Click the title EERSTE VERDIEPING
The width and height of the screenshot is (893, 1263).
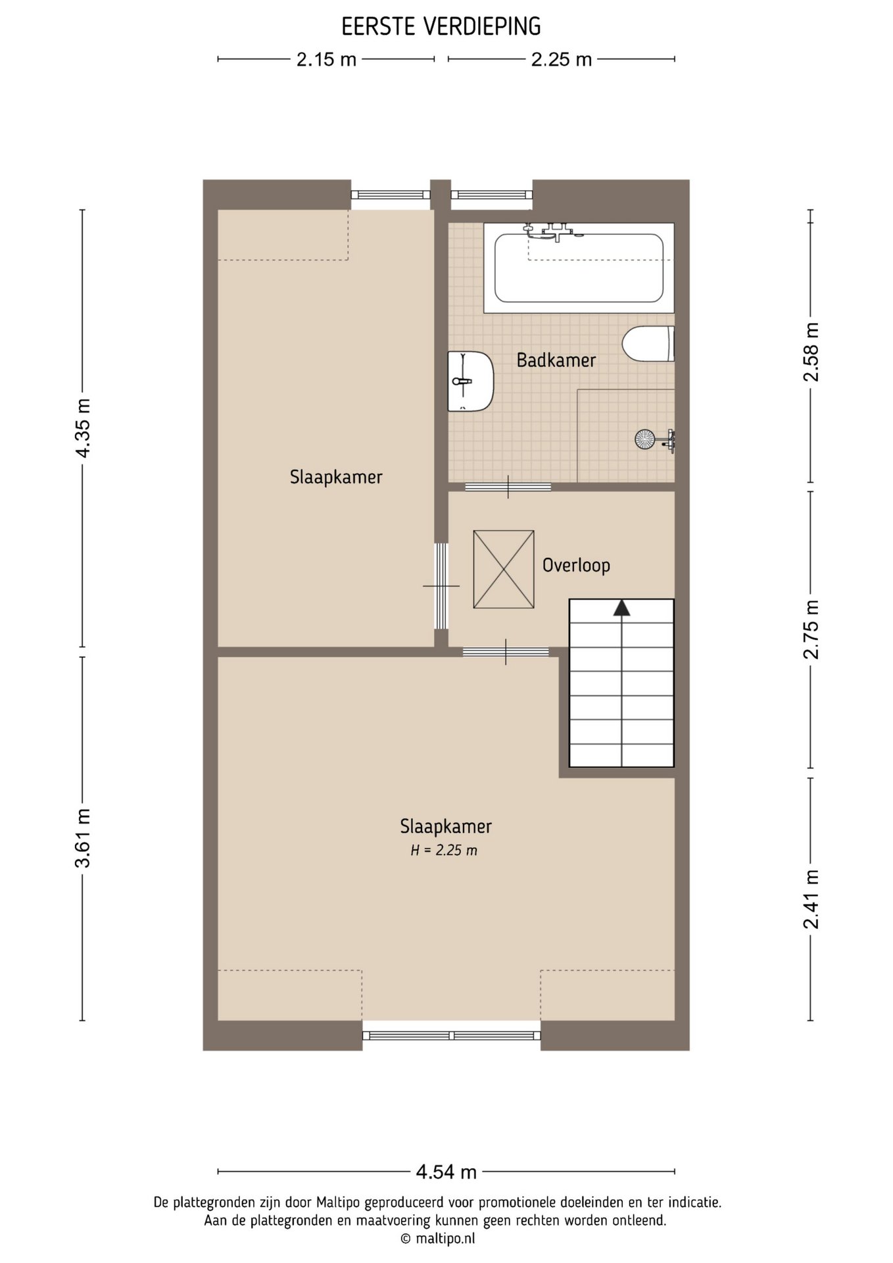pos(441,27)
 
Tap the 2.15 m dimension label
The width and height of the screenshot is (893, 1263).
pos(326,60)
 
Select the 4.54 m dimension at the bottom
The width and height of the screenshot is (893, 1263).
pos(446,1172)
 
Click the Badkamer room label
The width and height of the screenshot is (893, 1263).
pos(556,360)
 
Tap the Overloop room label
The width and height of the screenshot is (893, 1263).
pos(576,565)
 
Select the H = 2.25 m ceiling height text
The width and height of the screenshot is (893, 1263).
pos(444,851)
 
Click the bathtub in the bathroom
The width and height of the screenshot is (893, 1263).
pos(579,268)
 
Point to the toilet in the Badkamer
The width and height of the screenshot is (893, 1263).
pos(648,343)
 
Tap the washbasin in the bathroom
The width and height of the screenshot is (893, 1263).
pos(470,382)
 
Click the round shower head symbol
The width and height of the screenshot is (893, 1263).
pos(644,439)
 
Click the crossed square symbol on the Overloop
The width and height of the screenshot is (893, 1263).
pos(504,570)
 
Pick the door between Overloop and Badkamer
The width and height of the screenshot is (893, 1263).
pos(508,487)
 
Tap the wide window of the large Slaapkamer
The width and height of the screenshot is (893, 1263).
pos(452,1035)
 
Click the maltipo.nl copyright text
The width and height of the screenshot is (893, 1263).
pos(437,1239)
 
